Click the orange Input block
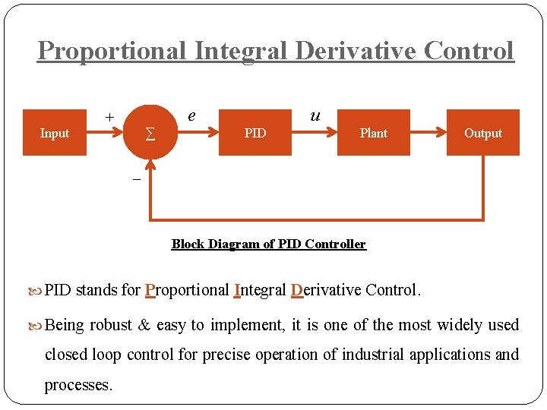(x=54, y=133)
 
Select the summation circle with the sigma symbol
(x=150, y=134)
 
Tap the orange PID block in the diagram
(x=255, y=133)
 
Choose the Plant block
(x=373, y=133)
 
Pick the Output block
(x=483, y=133)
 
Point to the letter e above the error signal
(x=191, y=115)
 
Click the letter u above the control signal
(x=315, y=115)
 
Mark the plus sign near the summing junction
(x=109, y=117)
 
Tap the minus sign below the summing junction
(x=136, y=179)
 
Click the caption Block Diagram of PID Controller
(x=268, y=244)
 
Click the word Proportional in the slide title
(x=112, y=51)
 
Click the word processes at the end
(x=78, y=385)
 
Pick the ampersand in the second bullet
(x=144, y=325)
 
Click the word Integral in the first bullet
(x=261, y=290)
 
